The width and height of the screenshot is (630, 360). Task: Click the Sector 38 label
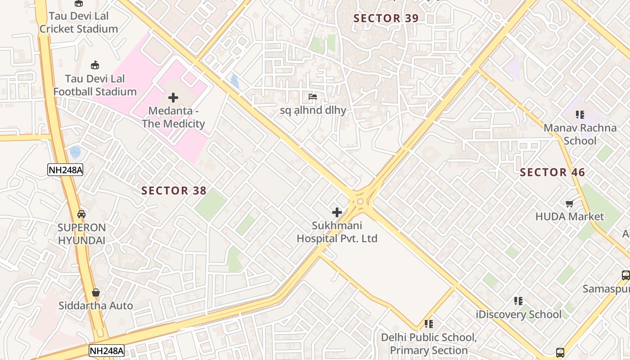pyautogui.click(x=174, y=190)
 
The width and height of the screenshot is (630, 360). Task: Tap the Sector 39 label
pyautogui.click(x=386, y=18)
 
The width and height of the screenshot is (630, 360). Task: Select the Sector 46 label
pyautogui.click(x=552, y=172)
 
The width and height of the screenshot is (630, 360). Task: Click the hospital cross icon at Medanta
pyautogui.click(x=173, y=98)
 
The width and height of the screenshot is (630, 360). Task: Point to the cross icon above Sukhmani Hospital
pyautogui.click(x=337, y=212)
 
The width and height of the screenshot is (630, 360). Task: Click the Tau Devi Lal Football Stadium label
pyautogui.click(x=94, y=85)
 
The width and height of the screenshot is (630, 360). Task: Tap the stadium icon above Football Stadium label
pyautogui.click(x=94, y=65)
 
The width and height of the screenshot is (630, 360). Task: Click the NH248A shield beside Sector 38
pyautogui.click(x=65, y=170)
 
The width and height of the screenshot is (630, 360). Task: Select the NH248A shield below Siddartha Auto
pyautogui.click(x=106, y=351)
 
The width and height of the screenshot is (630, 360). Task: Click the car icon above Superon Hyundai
pyautogui.click(x=81, y=214)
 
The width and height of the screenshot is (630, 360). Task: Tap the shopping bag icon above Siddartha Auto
pyautogui.click(x=95, y=293)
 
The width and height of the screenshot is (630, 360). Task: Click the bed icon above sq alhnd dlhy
pyautogui.click(x=312, y=97)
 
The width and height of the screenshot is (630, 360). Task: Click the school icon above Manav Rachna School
pyautogui.click(x=580, y=115)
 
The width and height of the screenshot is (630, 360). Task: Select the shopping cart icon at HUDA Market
pyautogui.click(x=569, y=204)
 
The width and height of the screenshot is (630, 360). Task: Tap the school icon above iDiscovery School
pyautogui.click(x=518, y=301)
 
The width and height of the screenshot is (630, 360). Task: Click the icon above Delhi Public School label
pyautogui.click(x=428, y=324)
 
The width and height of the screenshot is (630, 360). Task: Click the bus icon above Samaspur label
pyautogui.click(x=625, y=275)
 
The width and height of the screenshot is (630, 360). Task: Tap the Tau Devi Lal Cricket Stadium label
pyautogui.click(x=79, y=22)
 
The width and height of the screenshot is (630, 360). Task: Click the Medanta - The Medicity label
pyautogui.click(x=173, y=117)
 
